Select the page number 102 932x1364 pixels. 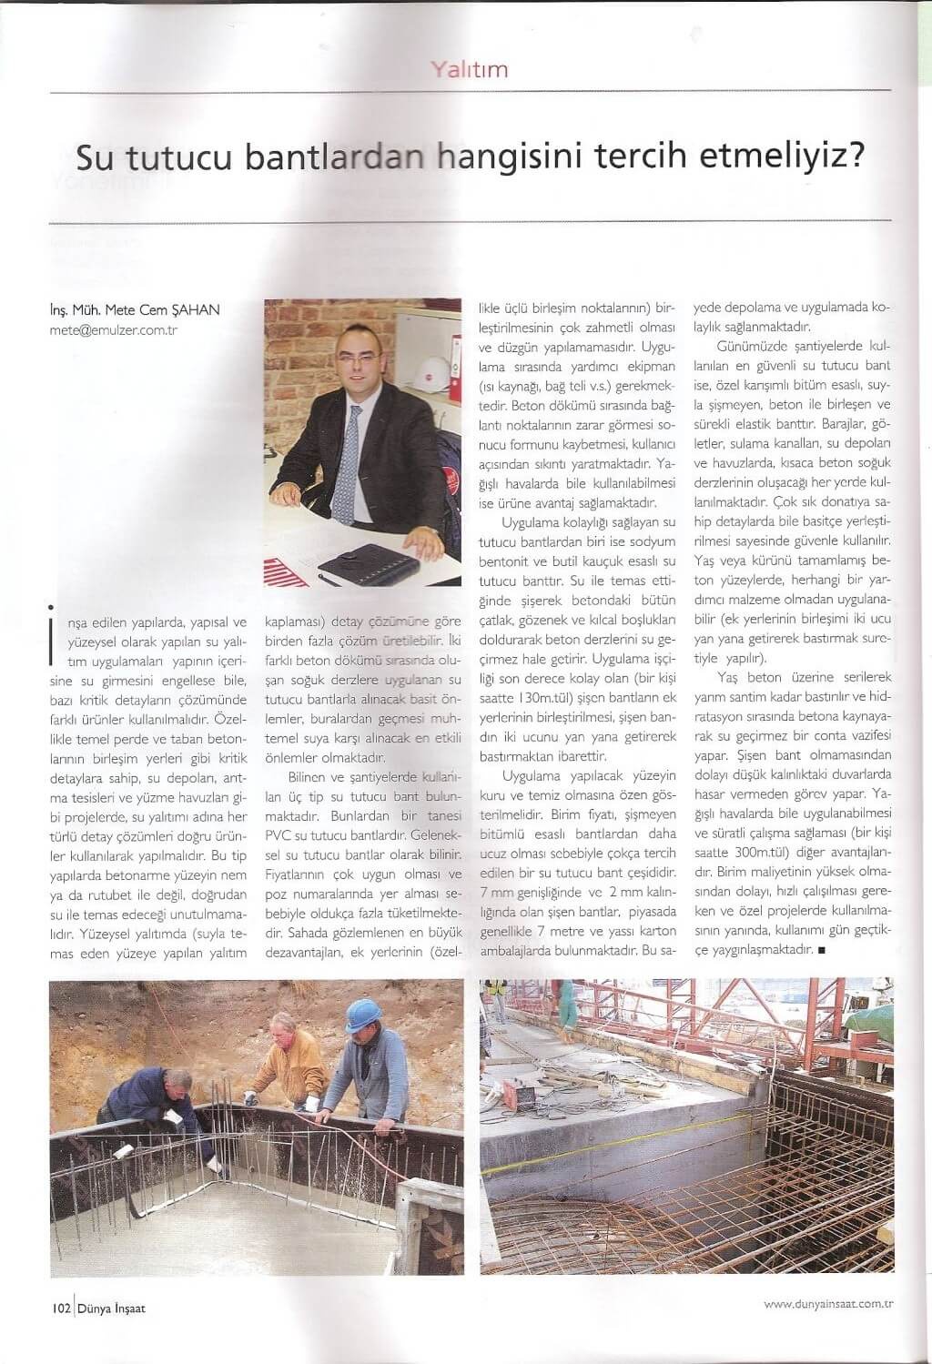61,1308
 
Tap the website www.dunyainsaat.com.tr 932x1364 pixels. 828,1304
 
